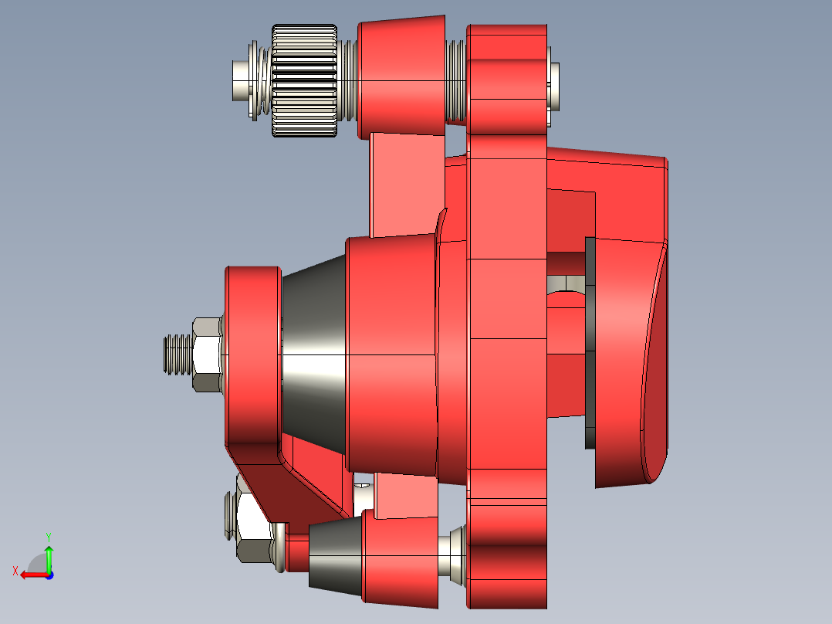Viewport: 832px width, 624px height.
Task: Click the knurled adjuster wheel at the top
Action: tap(304, 81)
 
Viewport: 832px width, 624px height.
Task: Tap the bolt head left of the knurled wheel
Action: tap(242, 81)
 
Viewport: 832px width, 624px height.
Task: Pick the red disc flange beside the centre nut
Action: tap(252, 355)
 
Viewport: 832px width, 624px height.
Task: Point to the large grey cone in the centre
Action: tap(314, 355)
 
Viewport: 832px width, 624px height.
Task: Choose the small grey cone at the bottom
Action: tap(336, 555)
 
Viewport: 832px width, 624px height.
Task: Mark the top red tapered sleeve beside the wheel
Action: tap(401, 77)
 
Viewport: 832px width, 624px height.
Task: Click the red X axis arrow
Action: tap(31, 575)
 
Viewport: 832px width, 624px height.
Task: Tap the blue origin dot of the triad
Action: tap(49, 575)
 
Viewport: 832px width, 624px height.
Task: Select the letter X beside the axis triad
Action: tap(15, 571)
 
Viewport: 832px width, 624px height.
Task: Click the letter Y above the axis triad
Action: tap(49, 536)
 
